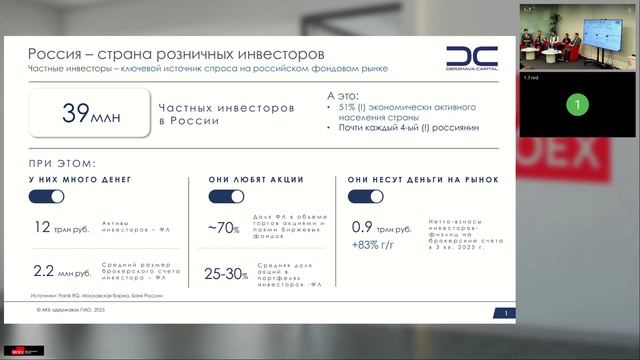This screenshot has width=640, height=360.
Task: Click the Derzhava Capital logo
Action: coord(470,58)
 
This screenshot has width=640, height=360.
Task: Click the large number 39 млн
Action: coord(90,113)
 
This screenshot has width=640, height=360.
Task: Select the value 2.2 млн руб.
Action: coord(62,271)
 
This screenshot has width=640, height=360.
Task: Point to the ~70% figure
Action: coord(224,228)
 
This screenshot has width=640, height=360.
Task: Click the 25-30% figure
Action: coord(226,272)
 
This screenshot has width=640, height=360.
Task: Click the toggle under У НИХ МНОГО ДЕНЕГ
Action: coord(46,197)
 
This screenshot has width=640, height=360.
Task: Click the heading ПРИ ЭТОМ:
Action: coord(62,163)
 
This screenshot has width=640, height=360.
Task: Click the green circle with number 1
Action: coord(575,103)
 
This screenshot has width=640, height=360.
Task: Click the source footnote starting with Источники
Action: coord(96,295)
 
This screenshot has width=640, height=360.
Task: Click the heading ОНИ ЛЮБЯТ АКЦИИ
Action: coord(256,180)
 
